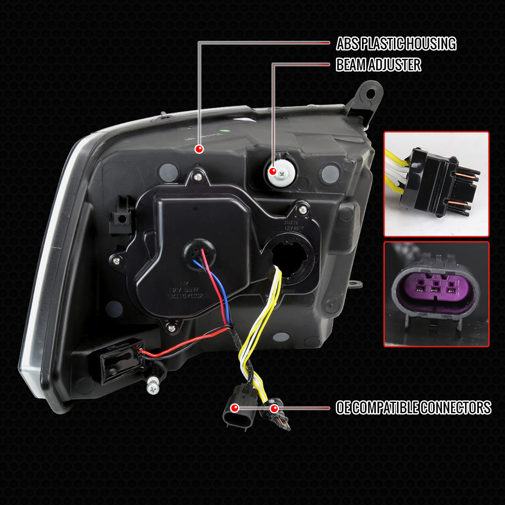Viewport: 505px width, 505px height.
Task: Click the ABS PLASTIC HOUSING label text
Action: click(396, 43)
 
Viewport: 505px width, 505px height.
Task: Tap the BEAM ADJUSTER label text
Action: click(378, 65)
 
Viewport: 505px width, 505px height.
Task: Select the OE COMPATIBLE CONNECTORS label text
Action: click(413, 407)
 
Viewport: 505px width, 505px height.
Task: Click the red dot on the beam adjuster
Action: click(273, 171)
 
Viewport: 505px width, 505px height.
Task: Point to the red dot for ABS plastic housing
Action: click(199, 149)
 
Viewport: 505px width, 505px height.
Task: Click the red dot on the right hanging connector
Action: click(274, 408)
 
